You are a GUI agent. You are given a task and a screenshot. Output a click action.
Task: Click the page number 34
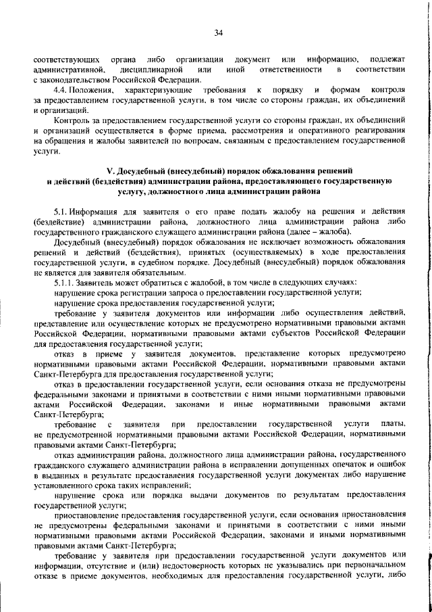click(218, 33)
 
